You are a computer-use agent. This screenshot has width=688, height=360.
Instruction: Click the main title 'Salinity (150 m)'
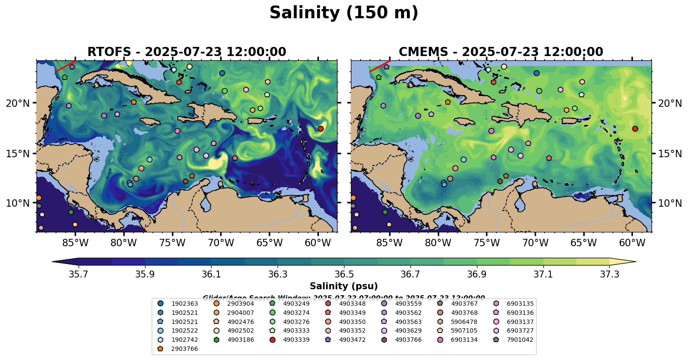pos(344,13)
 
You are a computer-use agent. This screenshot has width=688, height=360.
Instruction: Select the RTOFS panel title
pos(187,52)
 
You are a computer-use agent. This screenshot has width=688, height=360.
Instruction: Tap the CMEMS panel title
pos(501,52)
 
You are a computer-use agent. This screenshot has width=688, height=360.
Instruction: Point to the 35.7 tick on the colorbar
pos(79,274)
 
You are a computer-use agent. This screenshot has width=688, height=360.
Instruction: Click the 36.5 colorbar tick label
pos(344,274)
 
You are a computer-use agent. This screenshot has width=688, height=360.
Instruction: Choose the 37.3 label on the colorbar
pos(609,274)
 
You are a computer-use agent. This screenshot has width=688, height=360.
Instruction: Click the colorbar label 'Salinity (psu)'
pos(344,286)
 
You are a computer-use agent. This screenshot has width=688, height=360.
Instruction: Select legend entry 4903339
pos(296,340)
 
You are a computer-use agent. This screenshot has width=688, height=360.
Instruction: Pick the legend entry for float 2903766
pos(184,349)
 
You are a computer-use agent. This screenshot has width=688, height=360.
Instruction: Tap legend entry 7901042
pos(520,340)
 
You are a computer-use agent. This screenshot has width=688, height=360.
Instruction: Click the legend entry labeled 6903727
pos(520,330)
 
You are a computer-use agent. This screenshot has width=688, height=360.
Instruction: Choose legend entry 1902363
pos(184,304)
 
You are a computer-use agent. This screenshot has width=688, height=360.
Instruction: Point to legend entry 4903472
pos(352,340)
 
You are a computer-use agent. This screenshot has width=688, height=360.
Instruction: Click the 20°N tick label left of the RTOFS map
pos(18,103)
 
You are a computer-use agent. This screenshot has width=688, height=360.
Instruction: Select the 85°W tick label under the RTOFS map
pos(75,243)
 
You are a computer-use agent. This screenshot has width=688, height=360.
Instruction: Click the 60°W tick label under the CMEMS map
pos(632,243)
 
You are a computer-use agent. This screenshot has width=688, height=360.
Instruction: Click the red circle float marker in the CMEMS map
pos(635,129)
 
